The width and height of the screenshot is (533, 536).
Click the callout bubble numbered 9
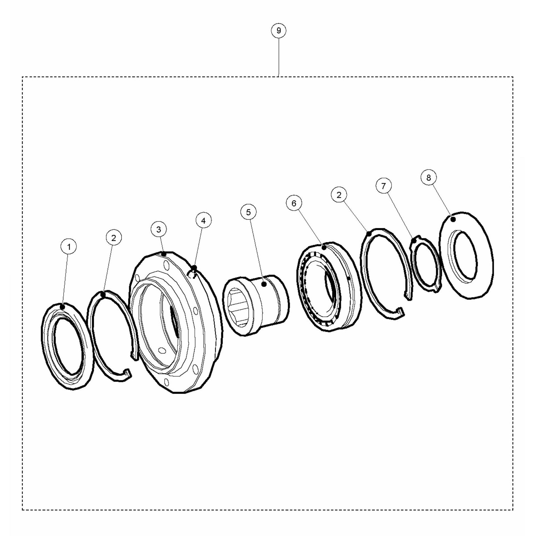278,30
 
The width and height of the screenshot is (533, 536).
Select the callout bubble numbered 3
159,229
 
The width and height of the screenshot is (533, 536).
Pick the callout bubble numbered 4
203,221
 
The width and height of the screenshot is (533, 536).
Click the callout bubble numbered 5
248,212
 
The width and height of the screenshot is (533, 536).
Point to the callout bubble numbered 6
294,203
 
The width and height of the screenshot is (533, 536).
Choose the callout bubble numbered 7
383,186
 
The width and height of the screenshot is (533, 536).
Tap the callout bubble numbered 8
429,177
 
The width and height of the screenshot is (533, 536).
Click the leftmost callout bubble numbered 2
114,238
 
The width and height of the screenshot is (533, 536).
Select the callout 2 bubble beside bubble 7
339,195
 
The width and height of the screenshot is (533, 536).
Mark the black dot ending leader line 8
453,220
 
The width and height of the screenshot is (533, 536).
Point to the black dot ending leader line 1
63,307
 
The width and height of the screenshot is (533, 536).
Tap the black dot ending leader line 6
324,247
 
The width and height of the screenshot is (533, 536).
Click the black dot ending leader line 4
194,268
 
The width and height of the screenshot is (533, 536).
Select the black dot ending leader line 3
164,254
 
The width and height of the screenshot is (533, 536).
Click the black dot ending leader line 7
414,240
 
